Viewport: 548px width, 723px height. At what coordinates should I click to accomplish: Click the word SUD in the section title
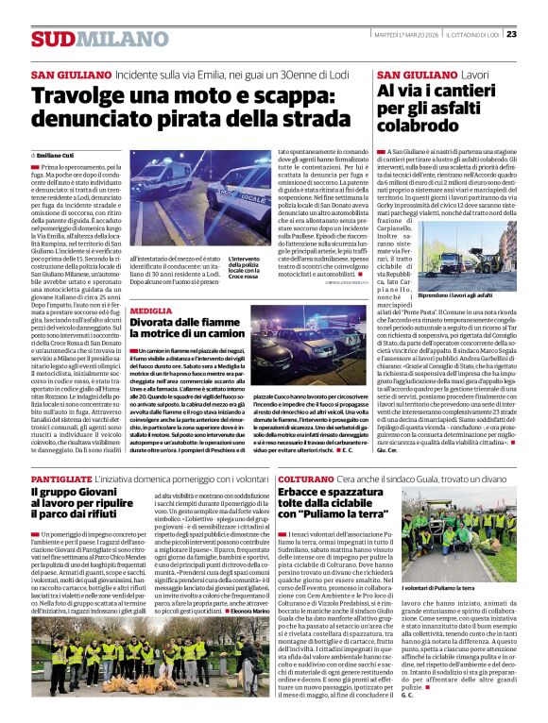(x=50, y=39)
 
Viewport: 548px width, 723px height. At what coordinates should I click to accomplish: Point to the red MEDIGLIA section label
(x=151, y=311)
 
